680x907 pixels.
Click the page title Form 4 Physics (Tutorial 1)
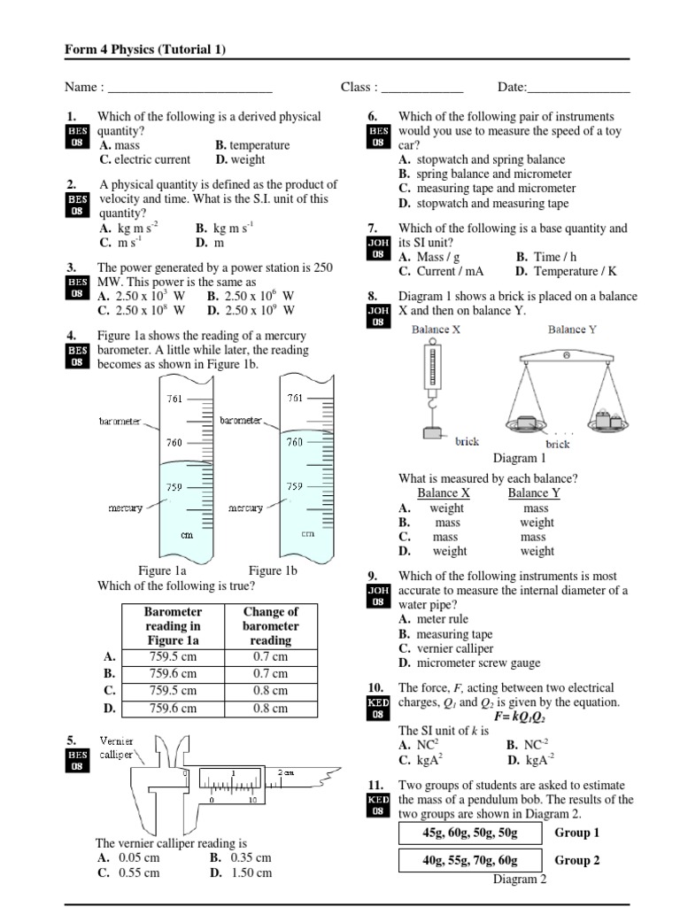(145, 50)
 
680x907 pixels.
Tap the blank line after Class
(421, 89)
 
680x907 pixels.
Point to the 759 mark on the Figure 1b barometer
(295, 486)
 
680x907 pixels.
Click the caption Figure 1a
(162, 571)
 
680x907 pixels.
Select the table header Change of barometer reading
(270, 625)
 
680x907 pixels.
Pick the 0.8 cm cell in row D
(270, 709)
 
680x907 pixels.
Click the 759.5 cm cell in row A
(174, 656)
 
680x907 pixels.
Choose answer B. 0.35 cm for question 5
(240, 857)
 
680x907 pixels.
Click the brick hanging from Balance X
(434, 434)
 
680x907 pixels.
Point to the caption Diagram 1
(520, 459)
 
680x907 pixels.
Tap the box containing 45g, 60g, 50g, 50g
(470, 833)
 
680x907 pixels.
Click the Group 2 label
(577, 860)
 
